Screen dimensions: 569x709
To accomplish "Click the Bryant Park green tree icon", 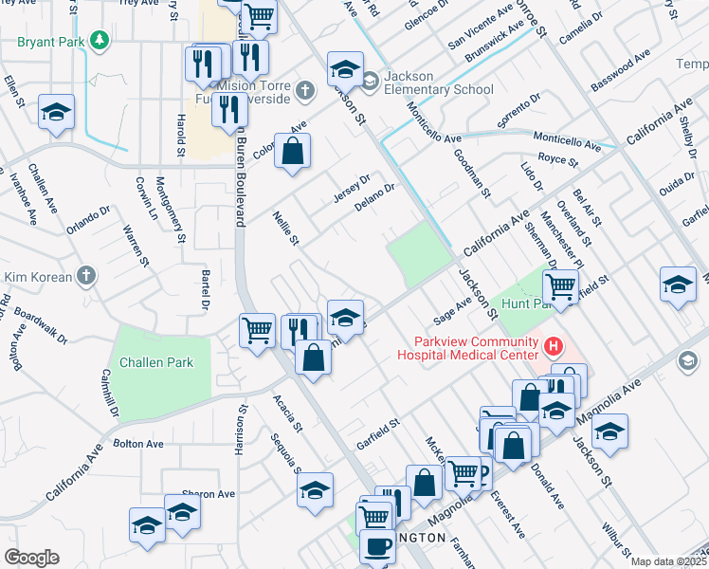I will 99,41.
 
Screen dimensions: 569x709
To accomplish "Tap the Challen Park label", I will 156,362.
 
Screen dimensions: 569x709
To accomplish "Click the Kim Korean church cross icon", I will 85,275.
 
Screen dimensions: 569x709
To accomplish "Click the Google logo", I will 31,557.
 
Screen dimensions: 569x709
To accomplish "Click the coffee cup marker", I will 378,546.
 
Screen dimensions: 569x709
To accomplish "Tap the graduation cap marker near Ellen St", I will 57,112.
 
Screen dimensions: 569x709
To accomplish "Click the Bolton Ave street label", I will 138,444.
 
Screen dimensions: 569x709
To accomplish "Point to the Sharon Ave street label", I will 208,494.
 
